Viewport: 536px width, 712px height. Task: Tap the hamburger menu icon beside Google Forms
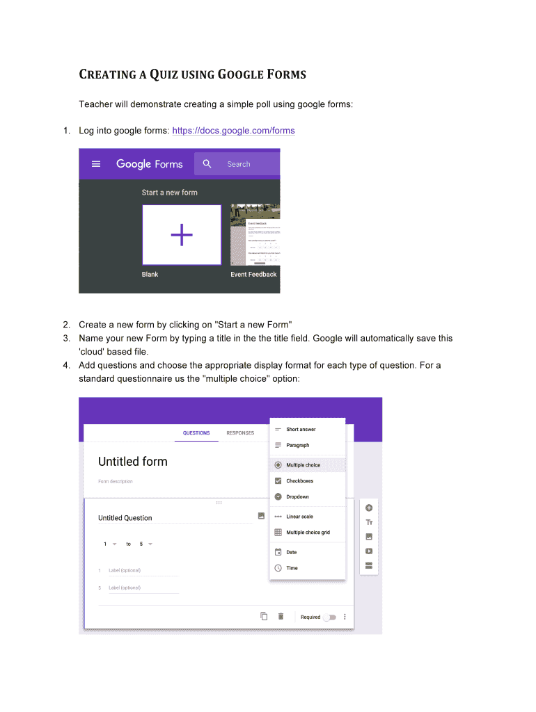coord(97,164)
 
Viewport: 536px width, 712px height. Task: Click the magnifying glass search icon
coord(207,164)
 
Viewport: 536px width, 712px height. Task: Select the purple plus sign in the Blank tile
coord(182,235)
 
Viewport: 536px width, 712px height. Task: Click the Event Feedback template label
coord(253,275)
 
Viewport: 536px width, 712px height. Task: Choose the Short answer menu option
coord(301,430)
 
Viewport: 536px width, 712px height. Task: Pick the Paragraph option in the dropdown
coord(297,445)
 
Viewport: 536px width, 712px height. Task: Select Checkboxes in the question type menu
coord(299,481)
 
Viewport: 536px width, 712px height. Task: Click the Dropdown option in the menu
coord(297,497)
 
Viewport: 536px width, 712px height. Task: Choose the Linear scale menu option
coord(299,517)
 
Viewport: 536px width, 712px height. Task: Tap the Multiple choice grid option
coord(308,533)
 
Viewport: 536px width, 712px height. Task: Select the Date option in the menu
coord(291,553)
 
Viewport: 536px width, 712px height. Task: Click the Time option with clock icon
coord(292,568)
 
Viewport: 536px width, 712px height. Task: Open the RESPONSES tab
coord(240,433)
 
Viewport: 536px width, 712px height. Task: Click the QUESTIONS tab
coord(196,433)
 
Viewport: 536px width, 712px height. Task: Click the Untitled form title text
coord(133,462)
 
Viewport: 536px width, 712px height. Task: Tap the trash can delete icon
coord(281,616)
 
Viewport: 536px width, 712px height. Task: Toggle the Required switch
coord(329,617)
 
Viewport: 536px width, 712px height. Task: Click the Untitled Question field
coord(125,518)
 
